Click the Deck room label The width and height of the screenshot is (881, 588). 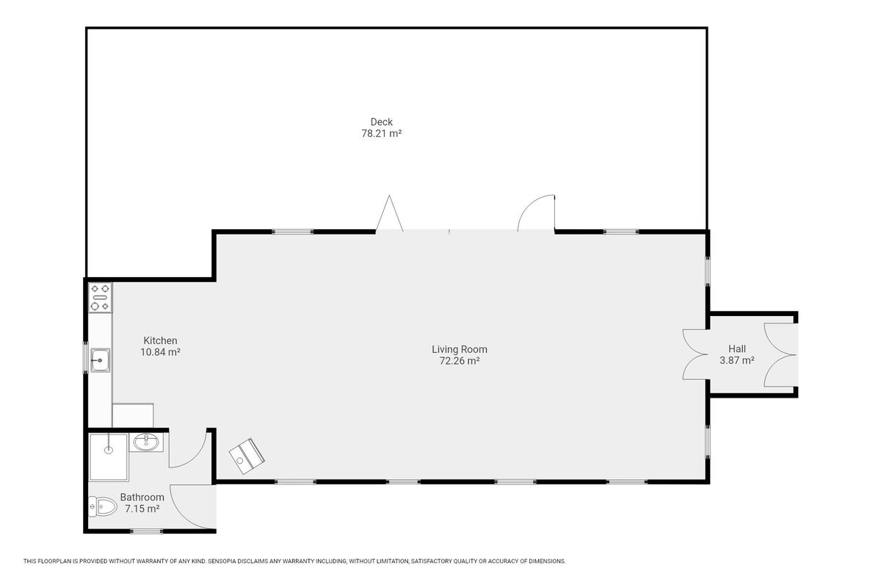click(x=381, y=122)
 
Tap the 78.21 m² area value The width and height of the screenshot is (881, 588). click(x=381, y=134)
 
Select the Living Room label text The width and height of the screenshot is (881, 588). click(x=460, y=349)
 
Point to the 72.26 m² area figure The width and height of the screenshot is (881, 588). click(x=460, y=361)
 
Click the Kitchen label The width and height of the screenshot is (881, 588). click(x=160, y=340)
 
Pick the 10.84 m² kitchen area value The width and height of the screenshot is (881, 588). click(x=160, y=352)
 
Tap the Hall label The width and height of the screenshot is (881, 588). click(x=736, y=348)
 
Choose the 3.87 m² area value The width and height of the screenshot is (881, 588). click(x=736, y=360)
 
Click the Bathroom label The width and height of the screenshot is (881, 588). click(x=142, y=497)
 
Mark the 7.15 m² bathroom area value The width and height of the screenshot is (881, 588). click(x=142, y=509)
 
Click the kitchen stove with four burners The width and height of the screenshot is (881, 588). click(x=101, y=298)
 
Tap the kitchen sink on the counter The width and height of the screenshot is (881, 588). click(x=101, y=360)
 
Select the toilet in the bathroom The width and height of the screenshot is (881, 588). click(x=103, y=506)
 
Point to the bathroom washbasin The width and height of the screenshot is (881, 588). click(x=146, y=442)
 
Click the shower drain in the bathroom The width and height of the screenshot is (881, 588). click(x=108, y=450)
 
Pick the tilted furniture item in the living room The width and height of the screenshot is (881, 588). click(x=247, y=456)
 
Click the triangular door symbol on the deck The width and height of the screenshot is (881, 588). click(x=389, y=212)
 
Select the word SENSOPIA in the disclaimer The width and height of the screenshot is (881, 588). click(x=222, y=562)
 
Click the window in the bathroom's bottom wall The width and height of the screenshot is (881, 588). click(x=146, y=531)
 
